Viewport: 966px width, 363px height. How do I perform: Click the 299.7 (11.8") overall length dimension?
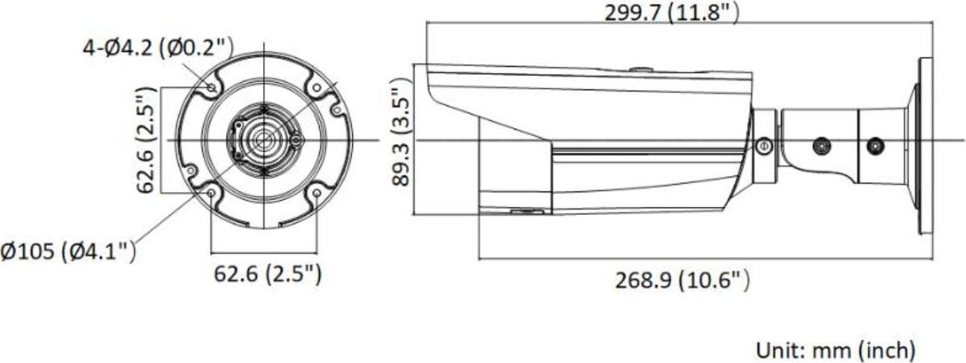point(671,12)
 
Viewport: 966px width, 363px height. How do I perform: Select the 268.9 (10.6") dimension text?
point(683,279)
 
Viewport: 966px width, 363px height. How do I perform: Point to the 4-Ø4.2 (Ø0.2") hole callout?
point(158,49)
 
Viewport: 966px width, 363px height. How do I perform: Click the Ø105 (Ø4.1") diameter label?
point(69,252)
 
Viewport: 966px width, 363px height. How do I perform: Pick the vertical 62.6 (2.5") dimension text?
point(145,140)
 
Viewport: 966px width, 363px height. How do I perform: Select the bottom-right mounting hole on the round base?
point(317,194)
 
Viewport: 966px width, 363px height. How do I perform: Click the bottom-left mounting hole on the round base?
point(211,193)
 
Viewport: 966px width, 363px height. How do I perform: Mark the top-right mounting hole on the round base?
point(317,88)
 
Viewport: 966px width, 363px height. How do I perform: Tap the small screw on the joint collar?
point(763,145)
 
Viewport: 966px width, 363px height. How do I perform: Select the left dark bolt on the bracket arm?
point(819,145)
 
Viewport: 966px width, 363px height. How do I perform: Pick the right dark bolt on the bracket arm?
point(876,145)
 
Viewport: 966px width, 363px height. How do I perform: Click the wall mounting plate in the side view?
point(925,145)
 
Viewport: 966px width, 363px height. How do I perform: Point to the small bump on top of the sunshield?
point(641,69)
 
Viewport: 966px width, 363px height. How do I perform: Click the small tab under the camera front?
point(526,209)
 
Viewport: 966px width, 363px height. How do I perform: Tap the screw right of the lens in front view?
point(296,140)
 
